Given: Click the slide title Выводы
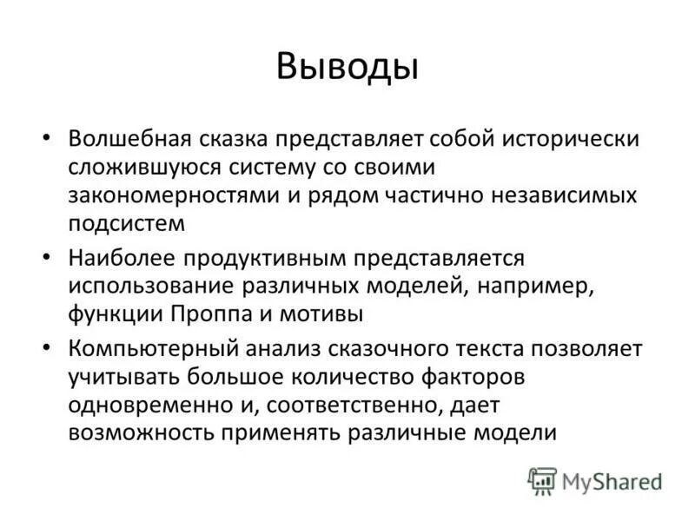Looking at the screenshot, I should click(x=347, y=67).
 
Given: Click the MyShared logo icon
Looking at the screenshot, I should click(x=542, y=480).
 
